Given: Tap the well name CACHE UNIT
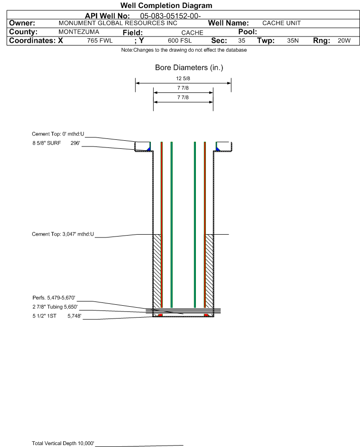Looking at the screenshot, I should coord(282,23).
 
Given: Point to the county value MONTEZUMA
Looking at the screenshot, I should coord(79,32).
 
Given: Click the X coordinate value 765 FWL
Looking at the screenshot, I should coord(100,41).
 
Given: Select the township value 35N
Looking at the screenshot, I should coord(293,41).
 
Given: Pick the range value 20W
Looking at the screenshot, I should coord(343,41).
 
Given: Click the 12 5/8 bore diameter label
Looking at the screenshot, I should coord(183,79).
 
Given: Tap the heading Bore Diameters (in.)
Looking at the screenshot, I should coord(189,68).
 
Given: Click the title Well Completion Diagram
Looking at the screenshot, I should coord(166,6).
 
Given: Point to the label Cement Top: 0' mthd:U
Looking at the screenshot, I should coord(58,134).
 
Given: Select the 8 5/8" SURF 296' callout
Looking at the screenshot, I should coord(56,143).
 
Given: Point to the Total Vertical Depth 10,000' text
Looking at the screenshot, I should coord(63,443).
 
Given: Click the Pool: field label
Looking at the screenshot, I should coord(247,32).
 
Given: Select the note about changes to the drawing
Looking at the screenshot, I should coord(184,50).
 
